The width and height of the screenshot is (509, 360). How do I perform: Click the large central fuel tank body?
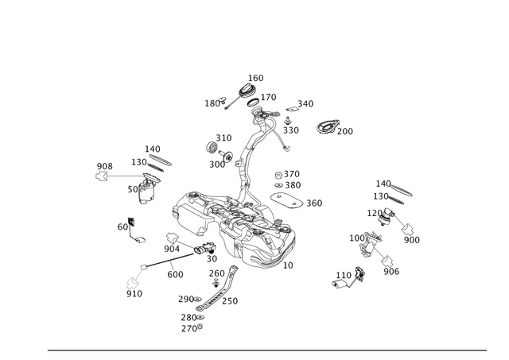tap(231, 226)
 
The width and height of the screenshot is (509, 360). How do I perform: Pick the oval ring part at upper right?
tap(328, 126)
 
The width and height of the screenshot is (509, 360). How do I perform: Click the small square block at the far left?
tap(102, 176)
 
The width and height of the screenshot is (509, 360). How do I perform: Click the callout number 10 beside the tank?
tap(289, 263)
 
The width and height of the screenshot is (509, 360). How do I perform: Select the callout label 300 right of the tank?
tap(316, 203)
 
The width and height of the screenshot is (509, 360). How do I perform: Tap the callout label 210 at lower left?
tap(134, 295)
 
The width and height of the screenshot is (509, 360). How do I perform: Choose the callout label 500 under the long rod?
tap(174, 273)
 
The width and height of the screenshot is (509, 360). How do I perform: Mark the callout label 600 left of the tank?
tap(122, 228)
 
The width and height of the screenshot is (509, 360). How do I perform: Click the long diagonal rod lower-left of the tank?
tap(171, 260)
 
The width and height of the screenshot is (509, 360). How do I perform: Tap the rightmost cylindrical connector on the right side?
tap(410, 235)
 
